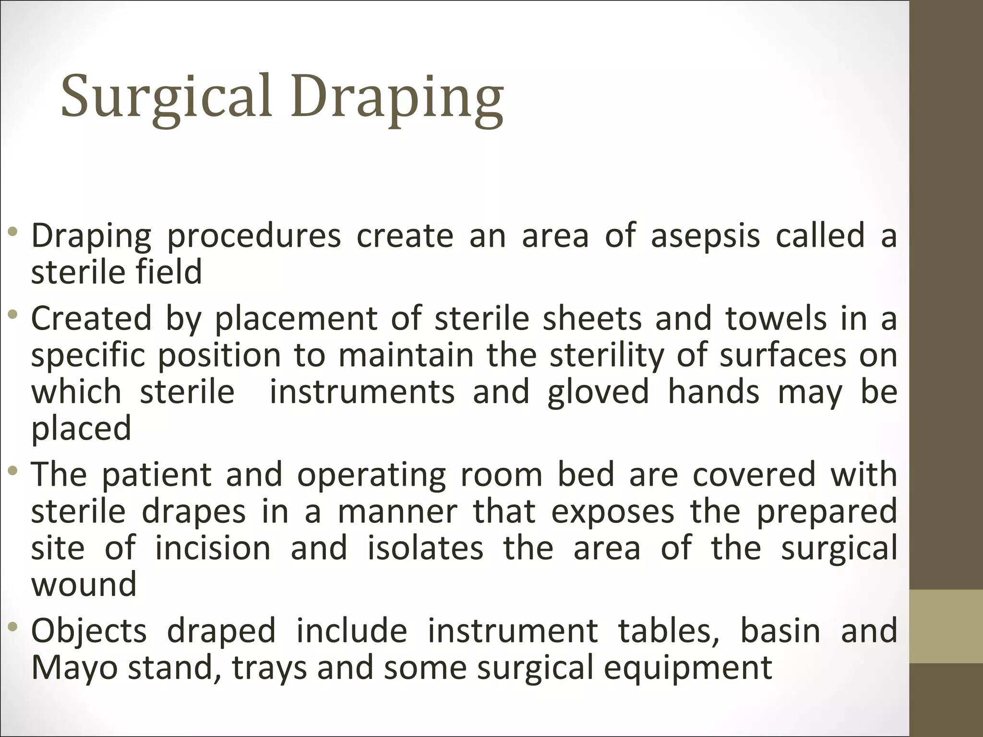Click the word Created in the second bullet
pyautogui.click(x=91, y=319)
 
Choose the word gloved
pyautogui.click(x=598, y=392)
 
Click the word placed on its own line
pyautogui.click(x=81, y=428)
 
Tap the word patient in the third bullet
pyautogui.click(x=156, y=475)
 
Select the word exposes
pyautogui.click(x=612, y=511)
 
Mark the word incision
pyautogui.click(x=213, y=548)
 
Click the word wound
pyautogui.click(x=84, y=584)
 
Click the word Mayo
pyautogui.click(x=74, y=667)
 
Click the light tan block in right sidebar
pyautogui.click(x=946, y=626)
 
